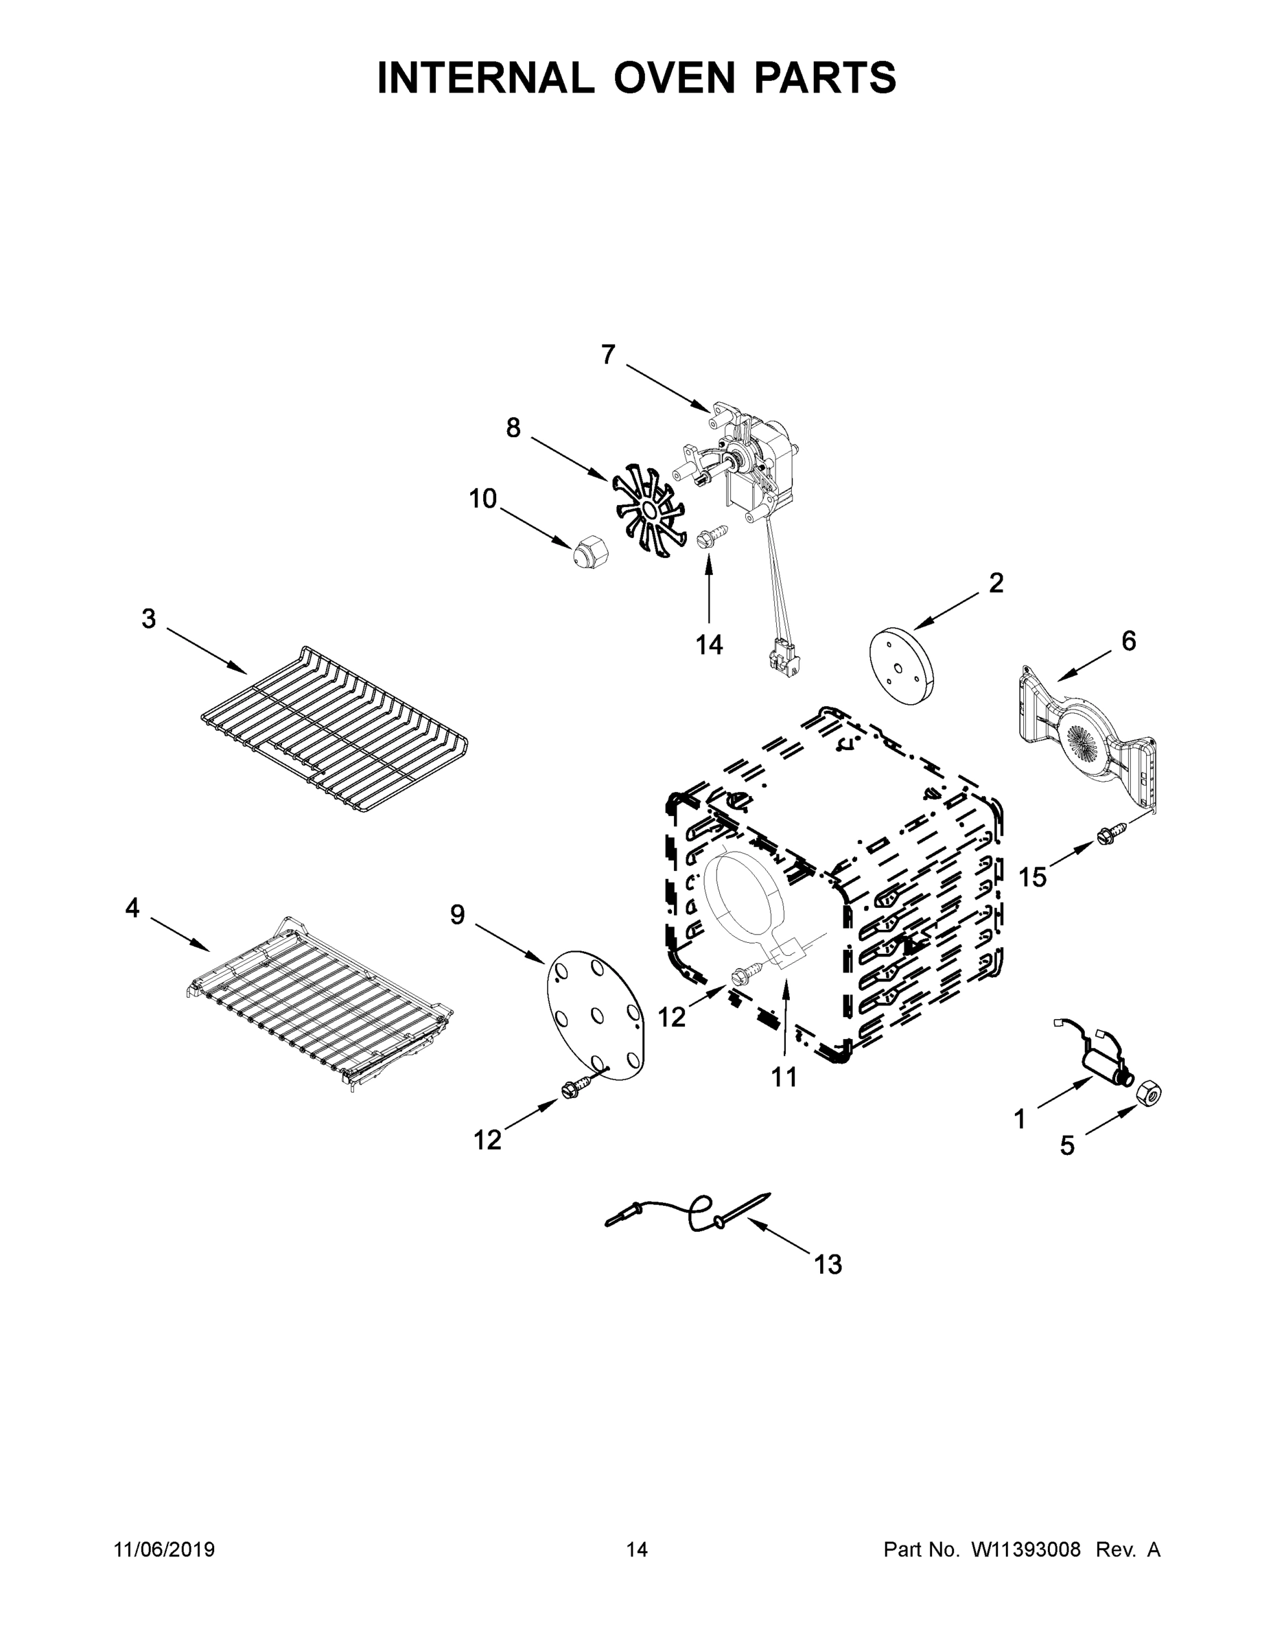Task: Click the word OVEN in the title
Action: pyautogui.click(x=673, y=78)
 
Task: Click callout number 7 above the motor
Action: pyautogui.click(x=608, y=354)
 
